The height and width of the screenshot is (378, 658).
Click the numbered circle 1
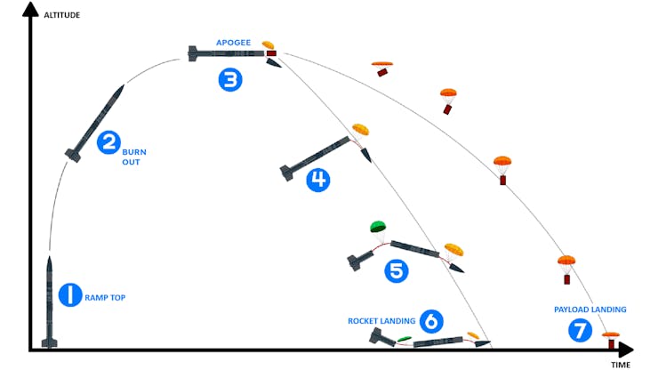[x=70, y=295]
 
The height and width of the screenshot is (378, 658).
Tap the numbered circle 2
[x=108, y=141]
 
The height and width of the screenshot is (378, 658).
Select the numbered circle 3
[x=230, y=80]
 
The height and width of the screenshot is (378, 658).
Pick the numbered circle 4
[x=317, y=181]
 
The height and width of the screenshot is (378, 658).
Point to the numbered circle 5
[x=397, y=270]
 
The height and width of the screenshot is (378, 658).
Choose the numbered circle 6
[x=430, y=320]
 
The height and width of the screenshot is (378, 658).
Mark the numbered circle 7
[x=580, y=331]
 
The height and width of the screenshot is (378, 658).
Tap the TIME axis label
[x=620, y=366]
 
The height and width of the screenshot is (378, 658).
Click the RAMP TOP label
[x=105, y=297]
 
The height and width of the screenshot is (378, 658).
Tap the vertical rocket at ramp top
[x=50, y=302]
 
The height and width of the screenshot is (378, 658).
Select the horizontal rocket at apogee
[x=227, y=54]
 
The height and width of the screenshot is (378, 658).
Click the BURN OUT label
[x=132, y=157]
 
